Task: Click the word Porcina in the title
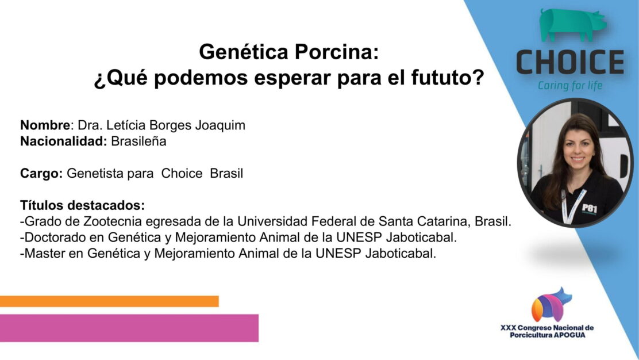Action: [337, 52]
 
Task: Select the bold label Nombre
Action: [45, 125]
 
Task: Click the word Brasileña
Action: [138, 141]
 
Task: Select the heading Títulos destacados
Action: [82, 205]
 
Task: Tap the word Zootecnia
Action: [113, 221]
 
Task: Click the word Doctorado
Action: [51, 238]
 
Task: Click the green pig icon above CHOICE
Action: [572, 25]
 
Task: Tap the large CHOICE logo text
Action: [570, 62]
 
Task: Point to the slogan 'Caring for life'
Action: [569, 86]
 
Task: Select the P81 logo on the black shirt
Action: [590, 208]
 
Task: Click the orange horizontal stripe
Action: [109, 301]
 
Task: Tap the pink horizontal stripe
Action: [129, 328]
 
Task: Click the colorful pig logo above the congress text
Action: [551, 304]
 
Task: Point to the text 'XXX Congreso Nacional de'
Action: [547, 328]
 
